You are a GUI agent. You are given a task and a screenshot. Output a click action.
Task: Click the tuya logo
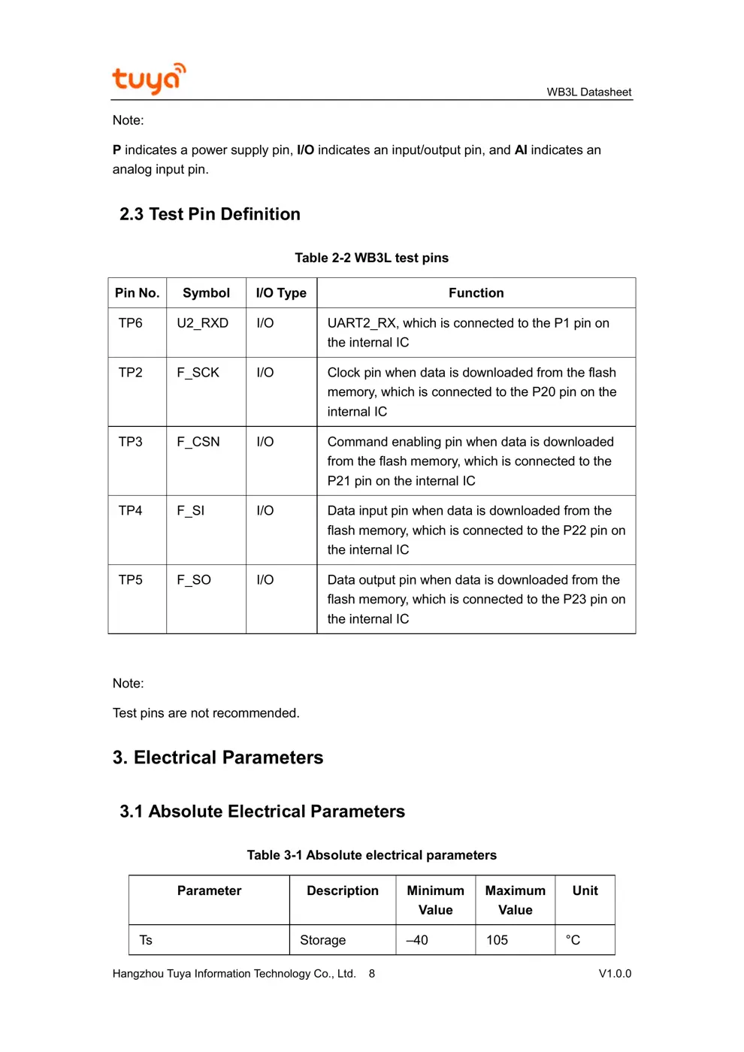pyautogui.click(x=148, y=79)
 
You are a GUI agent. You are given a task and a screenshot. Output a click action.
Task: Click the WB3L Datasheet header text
pyautogui.click(x=588, y=92)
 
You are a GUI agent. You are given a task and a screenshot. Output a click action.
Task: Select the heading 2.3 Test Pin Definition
pyautogui.click(x=210, y=214)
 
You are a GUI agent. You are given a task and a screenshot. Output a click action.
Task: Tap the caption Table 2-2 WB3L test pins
pyautogui.click(x=371, y=258)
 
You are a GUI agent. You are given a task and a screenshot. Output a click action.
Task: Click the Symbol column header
pyautogui.click(x=206, y=293)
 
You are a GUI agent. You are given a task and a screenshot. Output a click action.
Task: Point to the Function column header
pyautogui.click(x=476, y=293)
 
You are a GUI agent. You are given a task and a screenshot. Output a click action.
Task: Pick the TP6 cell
pyautogui.click(x=130, y=323)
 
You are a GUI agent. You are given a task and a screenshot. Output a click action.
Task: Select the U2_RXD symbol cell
pyautogui.click(x=202, y=323)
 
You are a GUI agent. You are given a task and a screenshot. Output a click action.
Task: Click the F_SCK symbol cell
pyautogui.click(x=198, y=373)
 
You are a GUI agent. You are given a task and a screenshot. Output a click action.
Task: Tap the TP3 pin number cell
pyautogui.click(x=130, y=442)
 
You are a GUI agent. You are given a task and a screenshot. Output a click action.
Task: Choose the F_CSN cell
pyautogui.click(x=198, y=442)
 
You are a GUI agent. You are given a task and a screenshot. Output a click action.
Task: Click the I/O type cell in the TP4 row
pyautogui.click(x=265, y=511)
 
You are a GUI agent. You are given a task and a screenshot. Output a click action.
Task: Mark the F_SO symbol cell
pyautogui.click(x=194, y=580)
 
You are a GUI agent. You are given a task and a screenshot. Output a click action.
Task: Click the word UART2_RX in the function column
pyautogui.click(x=361, y=323)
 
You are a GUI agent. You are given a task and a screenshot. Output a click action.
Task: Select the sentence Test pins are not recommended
pyautogui.click(x=206, y=713)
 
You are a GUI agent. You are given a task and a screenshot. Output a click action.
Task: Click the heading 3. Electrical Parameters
pyautogui.click(x=218, y=757)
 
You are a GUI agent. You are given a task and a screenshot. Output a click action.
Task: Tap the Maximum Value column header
pyautogui.click(x=515, y=900)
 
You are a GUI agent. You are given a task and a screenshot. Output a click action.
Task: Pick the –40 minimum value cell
pyautogui.click(x=417, y=940)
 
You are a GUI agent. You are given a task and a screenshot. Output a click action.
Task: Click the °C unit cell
pyautogui.click(x=573, y=940)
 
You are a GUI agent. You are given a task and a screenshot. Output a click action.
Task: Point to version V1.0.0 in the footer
pyautogui.click(x=615, y=974)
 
